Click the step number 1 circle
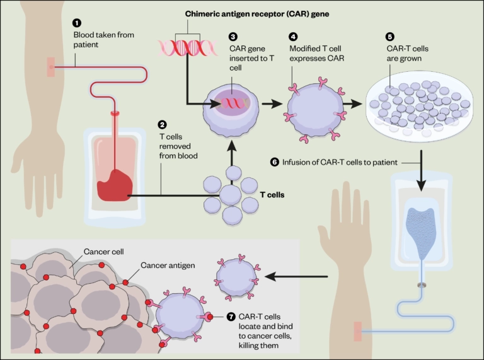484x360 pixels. (x=77, y=23)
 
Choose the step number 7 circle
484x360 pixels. (x=231, y=316)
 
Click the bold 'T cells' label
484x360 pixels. (x=272, y=195)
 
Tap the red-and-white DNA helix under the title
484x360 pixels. (x=180, y=48)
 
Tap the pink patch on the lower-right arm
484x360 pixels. (x=358, y=331)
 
